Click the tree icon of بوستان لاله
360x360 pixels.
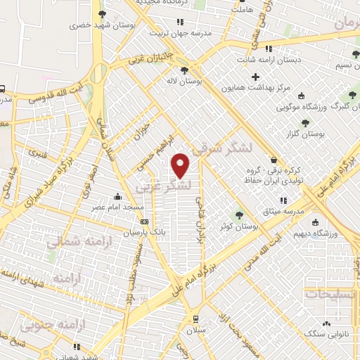click(x=185, y=70)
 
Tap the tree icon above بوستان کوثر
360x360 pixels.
click(x=238, y=214)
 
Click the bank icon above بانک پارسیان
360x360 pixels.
click(x=145, y=221)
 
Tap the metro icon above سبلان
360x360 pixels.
click(x=192, y=317)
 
